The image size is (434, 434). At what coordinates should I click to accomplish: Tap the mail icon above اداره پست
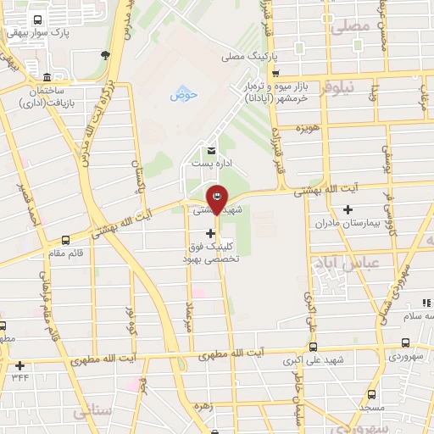coord(201,151)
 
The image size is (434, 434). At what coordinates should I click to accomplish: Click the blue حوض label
coord(183,94)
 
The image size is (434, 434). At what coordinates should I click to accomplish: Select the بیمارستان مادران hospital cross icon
coord(348,209)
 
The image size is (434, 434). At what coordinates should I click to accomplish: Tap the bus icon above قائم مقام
coord(66,240)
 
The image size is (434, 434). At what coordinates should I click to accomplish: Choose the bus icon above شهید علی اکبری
coord(314,347)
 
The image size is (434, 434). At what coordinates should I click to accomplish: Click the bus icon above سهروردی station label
coord(405,343)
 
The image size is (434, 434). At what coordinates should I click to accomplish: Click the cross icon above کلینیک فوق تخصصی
coord(210,232)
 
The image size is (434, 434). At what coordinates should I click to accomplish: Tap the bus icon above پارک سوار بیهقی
coord(37,19)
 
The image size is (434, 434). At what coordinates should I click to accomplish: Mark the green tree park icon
coord(105,56)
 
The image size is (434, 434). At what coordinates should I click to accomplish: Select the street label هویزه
coord(305,128)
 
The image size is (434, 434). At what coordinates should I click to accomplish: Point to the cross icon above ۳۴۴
coord(19,365)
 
